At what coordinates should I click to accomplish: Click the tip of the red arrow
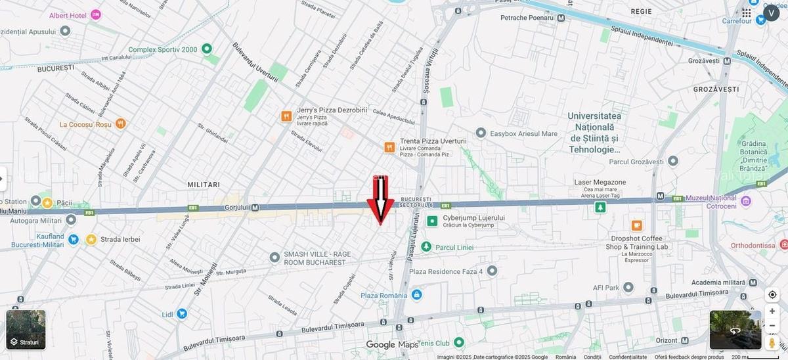(380, 225)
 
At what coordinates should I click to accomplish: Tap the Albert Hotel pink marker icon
(96, 14)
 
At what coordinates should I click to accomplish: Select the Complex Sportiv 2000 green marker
(207, 49)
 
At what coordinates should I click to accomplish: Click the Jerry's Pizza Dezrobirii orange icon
(286, 116)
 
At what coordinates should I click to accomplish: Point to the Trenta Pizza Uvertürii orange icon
(389, 147)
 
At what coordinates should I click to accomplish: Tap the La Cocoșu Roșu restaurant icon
(120, 124)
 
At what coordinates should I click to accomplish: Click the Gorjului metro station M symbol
(254, 208)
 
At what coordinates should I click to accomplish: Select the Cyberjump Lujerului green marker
(432, 221)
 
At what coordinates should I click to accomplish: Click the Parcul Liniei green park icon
(426, 247)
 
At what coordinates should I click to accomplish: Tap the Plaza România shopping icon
(417, 296)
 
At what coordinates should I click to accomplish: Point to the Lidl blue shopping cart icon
(182, 314)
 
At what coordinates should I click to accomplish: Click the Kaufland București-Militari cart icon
(74, 239)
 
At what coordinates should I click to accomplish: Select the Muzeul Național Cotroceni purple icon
(746, 200)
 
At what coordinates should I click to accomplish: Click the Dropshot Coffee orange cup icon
(636, 226)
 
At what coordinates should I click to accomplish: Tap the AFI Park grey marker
(628, 287)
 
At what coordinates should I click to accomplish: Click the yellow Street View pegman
(772, 342)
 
